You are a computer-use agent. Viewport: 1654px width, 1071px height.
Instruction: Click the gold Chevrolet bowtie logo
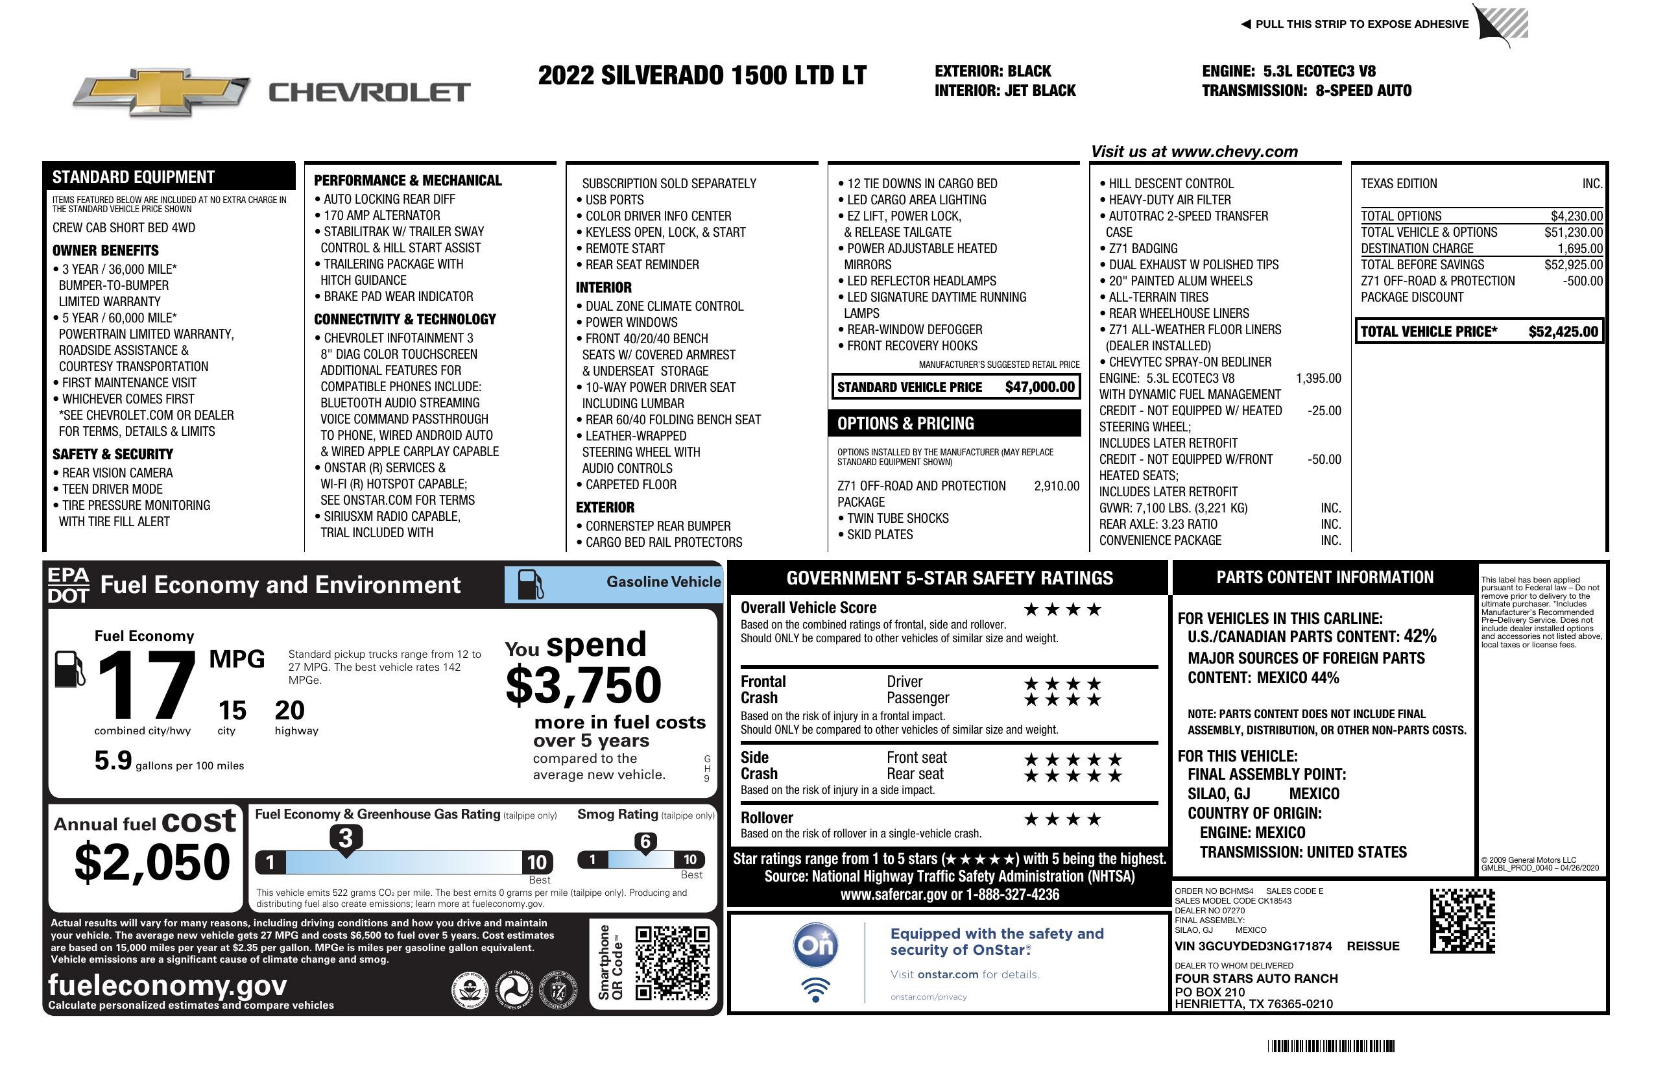pyautogui.click(x=162, y=91)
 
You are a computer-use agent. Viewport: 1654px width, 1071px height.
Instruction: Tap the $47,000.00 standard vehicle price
pyautogui.click(x=1039, y=387)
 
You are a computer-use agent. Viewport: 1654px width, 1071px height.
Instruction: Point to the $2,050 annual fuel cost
pyautogui.click(x=152, y=862)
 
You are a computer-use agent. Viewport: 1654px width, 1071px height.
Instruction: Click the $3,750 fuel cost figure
pyautogui.click(x=583, y=684)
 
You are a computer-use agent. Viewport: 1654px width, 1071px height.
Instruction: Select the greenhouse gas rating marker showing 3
pyautogui.click(x=345, y=838)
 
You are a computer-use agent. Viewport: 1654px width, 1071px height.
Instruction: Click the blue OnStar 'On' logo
pyautogui.click(x=815, y=945)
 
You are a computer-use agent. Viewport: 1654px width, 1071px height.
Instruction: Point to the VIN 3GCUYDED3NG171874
pyautogui.click(x=1253, y=946)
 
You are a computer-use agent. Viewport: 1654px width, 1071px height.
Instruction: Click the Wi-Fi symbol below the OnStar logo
pyautogui.click(x=815, y=989)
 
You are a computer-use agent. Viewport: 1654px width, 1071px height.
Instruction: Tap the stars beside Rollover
pyautogui.click(x=1062, y=819)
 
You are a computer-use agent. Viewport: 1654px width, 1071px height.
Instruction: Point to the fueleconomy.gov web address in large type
pyautogui.click(x=167, y=985)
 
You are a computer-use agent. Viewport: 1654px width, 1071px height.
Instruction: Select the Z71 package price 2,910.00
pyautogui.click(x=1057, y=486)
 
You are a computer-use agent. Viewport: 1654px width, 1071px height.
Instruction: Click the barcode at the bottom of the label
pyautogui.click(x=1330, y=1046)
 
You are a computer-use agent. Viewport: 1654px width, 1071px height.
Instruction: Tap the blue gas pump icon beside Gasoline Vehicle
pyautogui.click(x=529, y=584)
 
